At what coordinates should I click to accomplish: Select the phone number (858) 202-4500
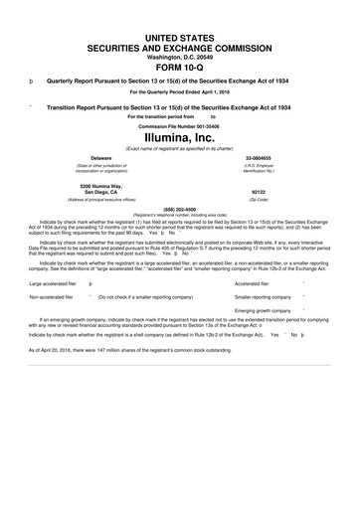click(x=180, y=208)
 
